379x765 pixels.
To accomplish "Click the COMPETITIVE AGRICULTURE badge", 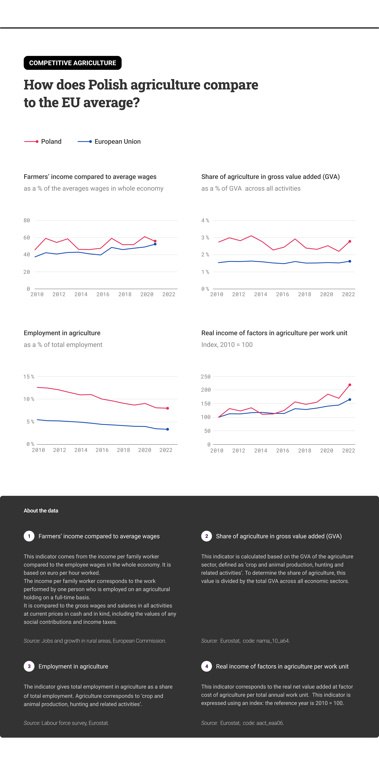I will [72, 63].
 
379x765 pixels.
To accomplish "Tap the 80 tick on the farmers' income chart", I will [27, 220].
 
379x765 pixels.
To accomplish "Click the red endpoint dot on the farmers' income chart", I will [155, 241].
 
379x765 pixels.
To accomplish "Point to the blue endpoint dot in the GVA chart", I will [350, 261].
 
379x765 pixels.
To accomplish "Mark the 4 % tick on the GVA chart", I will [205, 220].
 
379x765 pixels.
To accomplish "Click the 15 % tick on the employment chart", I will [29, 376].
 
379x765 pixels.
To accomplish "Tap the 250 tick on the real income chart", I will [206, 376].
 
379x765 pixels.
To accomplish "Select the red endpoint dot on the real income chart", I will [350, 385].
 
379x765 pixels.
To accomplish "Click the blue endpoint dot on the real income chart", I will [350, 399].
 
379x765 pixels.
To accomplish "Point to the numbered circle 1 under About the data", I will [29, 536].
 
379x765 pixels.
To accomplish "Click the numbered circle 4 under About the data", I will [207, 666].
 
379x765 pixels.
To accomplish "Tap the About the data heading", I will [41, 511].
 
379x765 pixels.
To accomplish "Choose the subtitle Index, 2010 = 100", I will [227, 345].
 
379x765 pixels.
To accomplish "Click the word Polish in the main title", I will [108, 85].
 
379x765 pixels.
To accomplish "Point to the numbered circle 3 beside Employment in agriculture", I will [29, 666].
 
